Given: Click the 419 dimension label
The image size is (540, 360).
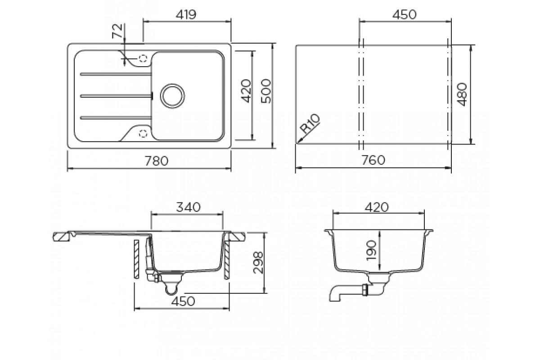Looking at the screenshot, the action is click(x=186, y=15).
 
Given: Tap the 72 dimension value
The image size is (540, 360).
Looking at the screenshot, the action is click(x=117, y=31).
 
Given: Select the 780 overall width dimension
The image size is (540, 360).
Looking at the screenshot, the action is click(x=157, y=161).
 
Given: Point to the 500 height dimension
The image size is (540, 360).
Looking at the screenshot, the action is click(x=266, y=91).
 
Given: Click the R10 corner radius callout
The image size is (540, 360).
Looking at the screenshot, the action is click(x=310, y=124).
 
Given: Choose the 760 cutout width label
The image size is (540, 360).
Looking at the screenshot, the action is click(x=373, y=160).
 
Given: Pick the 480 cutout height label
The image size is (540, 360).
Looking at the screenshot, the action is click(x=462, y=94).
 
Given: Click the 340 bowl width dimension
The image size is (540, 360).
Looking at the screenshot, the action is click(x=188, y=207).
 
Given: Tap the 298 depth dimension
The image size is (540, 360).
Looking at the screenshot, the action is click(x=258, y=263).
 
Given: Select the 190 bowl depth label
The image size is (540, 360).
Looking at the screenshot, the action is click(x=371, y=250).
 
